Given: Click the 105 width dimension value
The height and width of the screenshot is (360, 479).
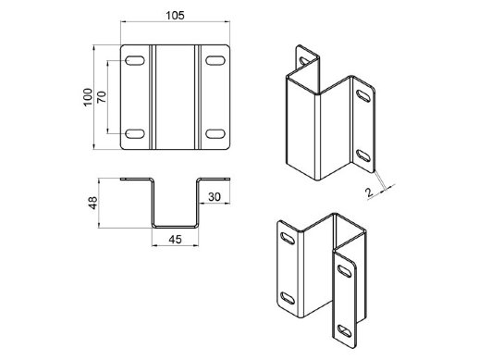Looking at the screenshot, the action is coord(175,16).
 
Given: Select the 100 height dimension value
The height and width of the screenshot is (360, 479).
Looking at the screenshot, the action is coord(88,97).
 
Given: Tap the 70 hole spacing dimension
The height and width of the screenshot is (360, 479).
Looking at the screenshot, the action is coord(102,97).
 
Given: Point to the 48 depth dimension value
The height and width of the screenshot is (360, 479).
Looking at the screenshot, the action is coord(92,203).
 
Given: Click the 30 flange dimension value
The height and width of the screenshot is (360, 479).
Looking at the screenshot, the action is coord(215,197).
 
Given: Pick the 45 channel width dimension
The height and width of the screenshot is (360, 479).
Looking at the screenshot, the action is coord(175,240).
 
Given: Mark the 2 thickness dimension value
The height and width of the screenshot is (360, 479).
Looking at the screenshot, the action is coord(369,192).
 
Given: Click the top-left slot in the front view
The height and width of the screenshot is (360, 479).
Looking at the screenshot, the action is coord(135,60).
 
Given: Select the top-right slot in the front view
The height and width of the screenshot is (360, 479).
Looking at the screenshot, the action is coord(215,60).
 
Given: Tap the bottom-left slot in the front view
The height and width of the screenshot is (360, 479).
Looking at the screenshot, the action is coord(135,134).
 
